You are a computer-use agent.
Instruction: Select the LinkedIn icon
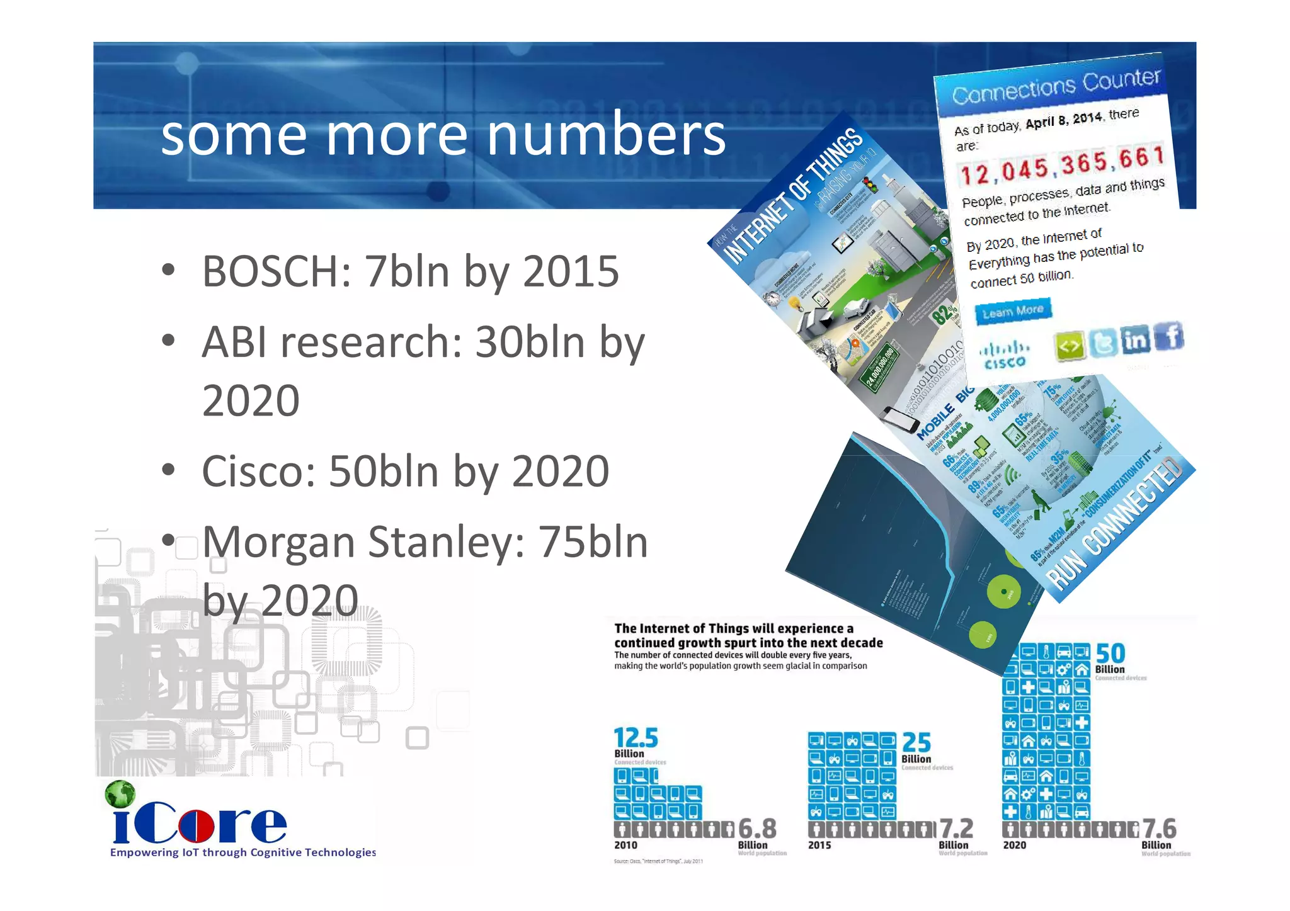(x=1136, y=341)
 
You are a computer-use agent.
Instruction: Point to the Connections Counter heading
(x=1056, y=86)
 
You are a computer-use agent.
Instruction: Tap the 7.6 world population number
(x=1159, y=829)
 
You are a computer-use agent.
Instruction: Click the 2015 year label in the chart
(x=819, y=845)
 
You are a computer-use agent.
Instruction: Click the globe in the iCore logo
(x=120, y=795)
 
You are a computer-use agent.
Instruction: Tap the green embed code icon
(x=1069, y=346)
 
